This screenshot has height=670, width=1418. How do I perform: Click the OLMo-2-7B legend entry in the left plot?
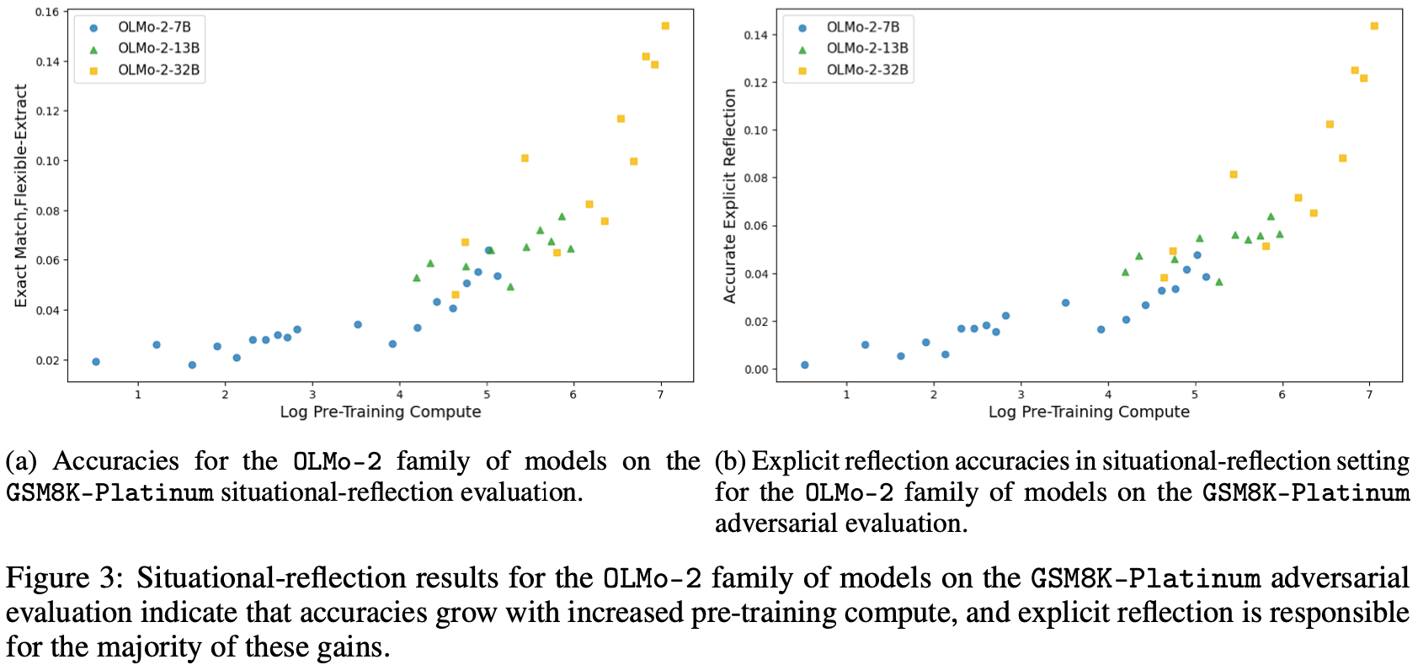point(154,27)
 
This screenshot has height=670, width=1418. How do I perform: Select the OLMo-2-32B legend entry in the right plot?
point(867,70)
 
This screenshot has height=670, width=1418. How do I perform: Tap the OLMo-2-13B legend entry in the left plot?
point(158,48)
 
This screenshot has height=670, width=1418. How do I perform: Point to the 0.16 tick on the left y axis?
point(47,13)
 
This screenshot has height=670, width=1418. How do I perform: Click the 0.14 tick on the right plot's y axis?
point(755,35)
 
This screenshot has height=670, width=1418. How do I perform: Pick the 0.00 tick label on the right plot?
point(755,370)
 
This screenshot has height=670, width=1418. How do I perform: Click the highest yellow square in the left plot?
point(665,26)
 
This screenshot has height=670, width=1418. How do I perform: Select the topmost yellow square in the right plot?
point(1374,26)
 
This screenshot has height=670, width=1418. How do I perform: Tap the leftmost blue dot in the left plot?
point(96,362)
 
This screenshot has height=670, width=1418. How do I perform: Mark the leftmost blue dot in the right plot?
point(805,365)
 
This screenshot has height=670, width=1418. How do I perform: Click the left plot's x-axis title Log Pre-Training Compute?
point(381,412)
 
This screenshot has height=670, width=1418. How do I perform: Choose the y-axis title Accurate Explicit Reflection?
point(730,196)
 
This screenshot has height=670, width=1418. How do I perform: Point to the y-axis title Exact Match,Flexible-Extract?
point(21,196)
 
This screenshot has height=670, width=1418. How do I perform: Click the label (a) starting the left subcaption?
point(21,461)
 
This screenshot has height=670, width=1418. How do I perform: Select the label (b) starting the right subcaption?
point(730,461)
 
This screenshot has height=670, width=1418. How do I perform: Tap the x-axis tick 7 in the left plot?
point(661,395)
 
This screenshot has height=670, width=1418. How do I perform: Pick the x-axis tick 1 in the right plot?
point(846,395)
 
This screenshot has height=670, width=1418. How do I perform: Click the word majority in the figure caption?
point(190,647)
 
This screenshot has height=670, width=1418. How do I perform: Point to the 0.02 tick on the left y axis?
point(47,360)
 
